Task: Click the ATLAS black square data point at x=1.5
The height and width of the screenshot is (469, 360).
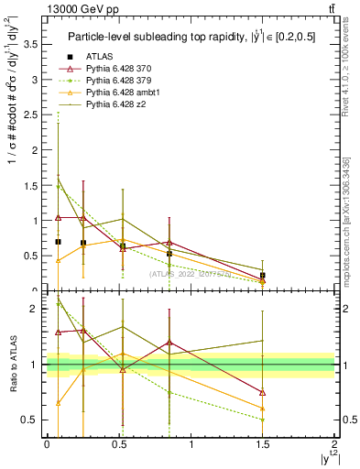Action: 263,275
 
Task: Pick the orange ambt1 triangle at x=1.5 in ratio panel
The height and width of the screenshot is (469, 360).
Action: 263,408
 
